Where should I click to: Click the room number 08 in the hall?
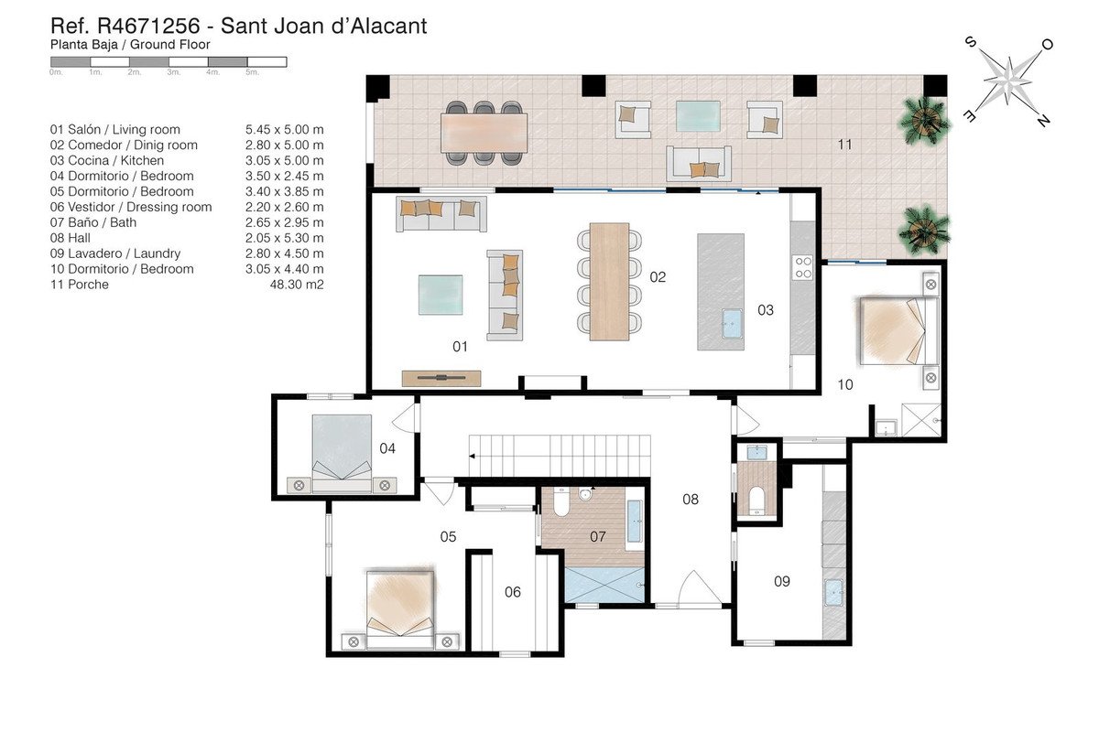tap(691, 499)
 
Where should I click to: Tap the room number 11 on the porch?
tap(844, 145)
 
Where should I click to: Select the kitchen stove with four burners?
tap(803, 268)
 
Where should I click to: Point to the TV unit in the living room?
tap(441, 378)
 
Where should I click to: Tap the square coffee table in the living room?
tap(441, 295)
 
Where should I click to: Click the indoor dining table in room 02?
tap(609, 282)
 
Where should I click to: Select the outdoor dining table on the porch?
tap(484, 133)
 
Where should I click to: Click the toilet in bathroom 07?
tap(560, 501)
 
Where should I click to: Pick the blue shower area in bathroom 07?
tap(604, 585)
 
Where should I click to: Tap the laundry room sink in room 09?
tap(833, 592)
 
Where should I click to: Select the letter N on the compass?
tap(1043, 120)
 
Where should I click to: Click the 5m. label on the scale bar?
tap(252, 72)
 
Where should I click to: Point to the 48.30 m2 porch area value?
tap(297, 285)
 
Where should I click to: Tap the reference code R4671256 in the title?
tap(148, 26)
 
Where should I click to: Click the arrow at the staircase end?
tap(472, 456)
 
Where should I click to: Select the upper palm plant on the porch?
tap(925, 120)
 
